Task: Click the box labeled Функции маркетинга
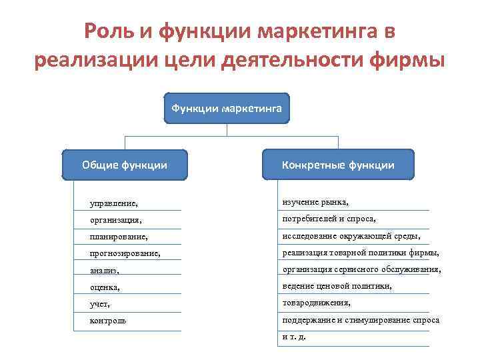tap(227, 108)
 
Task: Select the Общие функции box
tap(125, 165)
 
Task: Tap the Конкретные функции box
tap(338, 165)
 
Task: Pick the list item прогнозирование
tap(125, 253)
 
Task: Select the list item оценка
tap(107, 287)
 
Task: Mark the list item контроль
tap(108, 321)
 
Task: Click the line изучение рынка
tap(315, 201)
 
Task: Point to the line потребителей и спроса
tap(329, 218)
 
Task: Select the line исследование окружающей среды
tap(351, 235)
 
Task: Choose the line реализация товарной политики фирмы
tap(361, 253)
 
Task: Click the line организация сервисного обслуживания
tap(361, 269)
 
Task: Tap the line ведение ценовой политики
tap(337, 286)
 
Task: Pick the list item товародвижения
tap(316, 303)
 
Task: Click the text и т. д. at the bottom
tap(294, 337)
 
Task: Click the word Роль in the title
tap(107, 31)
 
